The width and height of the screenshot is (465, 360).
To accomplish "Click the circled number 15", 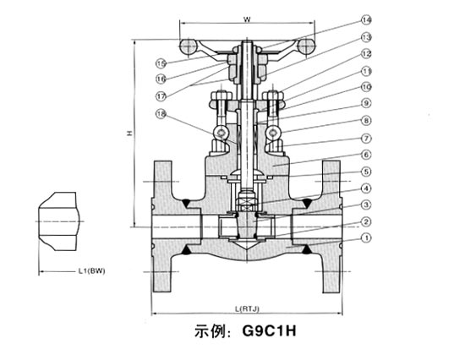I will point(161,63).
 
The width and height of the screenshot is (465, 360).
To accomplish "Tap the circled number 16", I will point(161,78).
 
